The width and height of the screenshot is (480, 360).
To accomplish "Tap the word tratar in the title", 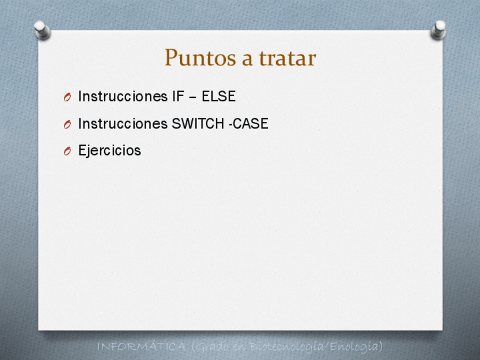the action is (288, 58).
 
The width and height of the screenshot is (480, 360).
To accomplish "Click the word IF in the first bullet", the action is (178, 96).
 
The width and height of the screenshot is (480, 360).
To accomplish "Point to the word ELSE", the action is (218, 96).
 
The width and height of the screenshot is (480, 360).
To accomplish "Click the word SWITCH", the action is (198, 123).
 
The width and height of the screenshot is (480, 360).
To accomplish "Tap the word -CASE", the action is (248, 123).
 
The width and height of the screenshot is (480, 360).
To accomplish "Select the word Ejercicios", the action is (110, 151).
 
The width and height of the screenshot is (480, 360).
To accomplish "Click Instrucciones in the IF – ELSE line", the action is (123, 96).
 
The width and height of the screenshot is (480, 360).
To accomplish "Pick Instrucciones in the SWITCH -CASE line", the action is (123, 123).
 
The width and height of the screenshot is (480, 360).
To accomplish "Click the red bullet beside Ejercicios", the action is (67, 151).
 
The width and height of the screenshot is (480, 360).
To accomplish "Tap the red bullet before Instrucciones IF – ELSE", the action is (67, 97).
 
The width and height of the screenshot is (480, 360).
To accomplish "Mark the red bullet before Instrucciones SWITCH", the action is (67, 125).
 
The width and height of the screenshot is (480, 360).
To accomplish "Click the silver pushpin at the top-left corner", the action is (42, 30).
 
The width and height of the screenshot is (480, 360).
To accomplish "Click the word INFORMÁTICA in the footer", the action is (142, 347).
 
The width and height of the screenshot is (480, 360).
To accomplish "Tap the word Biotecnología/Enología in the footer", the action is (316, 346).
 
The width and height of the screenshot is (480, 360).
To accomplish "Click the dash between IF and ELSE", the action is (192, 97).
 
